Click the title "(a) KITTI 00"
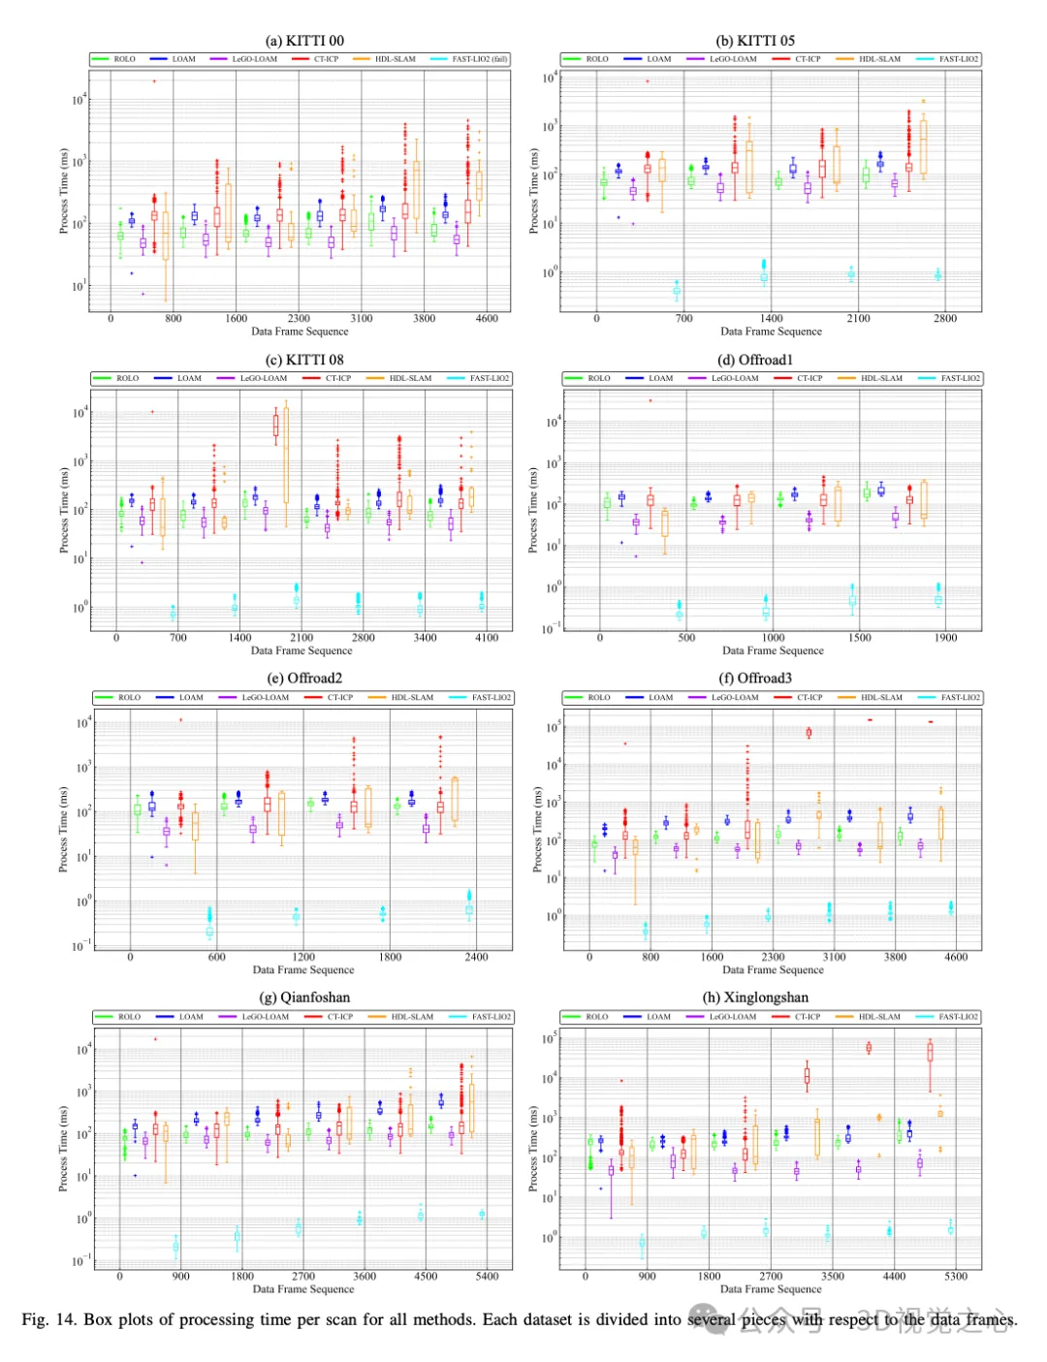click(x=304, y=41)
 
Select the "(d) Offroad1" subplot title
click(x=755, y=360)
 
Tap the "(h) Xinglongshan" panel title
click(x=755, y=998)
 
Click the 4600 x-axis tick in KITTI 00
click(x=487, y=318)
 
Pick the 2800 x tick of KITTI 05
click(x=945, y=318)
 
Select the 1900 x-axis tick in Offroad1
click(x=945, y=638)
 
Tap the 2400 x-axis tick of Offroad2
click(x=476, y=957)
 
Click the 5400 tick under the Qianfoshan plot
click(x=487, y=1276)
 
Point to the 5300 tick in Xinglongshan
click(x=956, y=1276)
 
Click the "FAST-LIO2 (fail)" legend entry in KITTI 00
click(x=479, y=59)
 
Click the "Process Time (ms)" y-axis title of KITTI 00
click(x=64, y=191)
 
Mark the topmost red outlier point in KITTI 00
click(x=154, y=81)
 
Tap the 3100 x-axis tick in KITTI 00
click(x=362, y=318)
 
